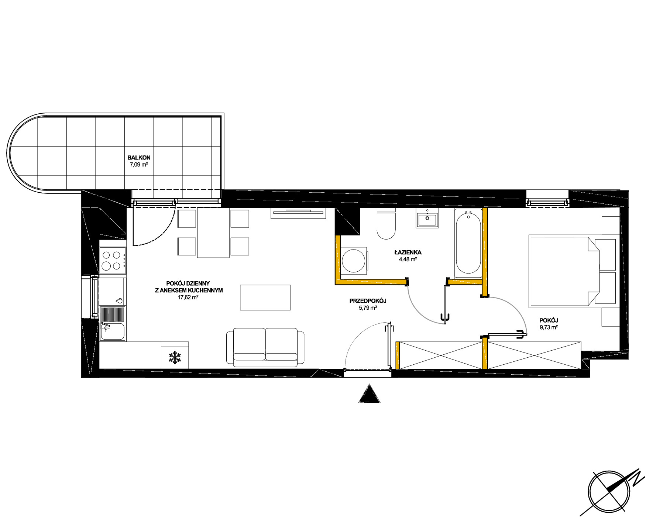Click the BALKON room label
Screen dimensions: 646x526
point(139,158)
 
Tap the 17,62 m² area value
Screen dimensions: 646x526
point(188,297)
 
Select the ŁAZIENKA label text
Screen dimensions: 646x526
point(408,252)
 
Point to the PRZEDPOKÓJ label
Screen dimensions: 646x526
point(368,301)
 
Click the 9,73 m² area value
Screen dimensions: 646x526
point(549,327)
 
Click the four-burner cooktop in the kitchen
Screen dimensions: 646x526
point(113,260)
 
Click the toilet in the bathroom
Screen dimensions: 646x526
point(386,223)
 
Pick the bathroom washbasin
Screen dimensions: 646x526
point(427,220)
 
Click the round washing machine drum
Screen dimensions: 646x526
point(354,261)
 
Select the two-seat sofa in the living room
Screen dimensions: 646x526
point(265,347)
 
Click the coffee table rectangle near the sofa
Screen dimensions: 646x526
point(265,298)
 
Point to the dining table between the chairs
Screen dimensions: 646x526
point(213,233)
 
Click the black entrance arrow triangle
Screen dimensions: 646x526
point(369,393)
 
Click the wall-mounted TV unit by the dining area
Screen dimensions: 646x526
point(298,213)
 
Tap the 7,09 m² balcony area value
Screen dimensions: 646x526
point(139,165)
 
